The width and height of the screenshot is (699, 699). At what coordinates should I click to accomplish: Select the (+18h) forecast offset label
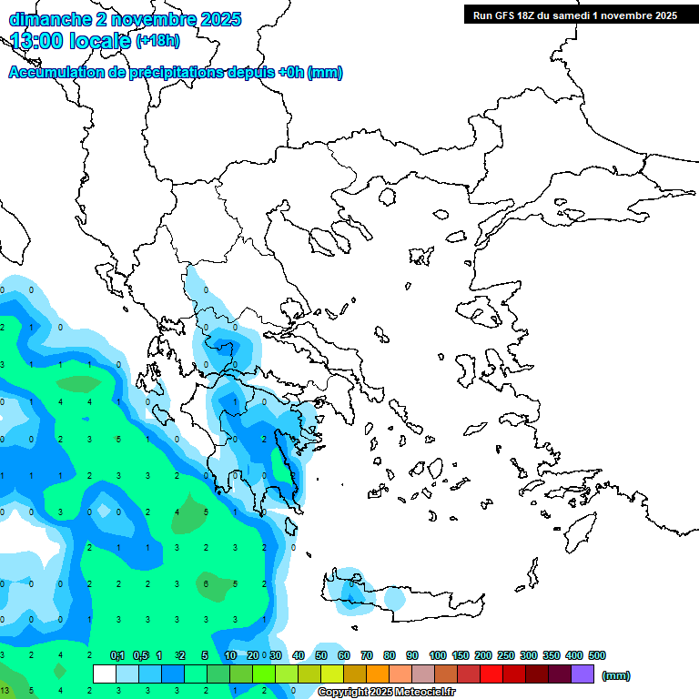point(157,41)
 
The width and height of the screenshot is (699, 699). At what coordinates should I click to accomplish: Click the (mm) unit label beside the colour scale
point(616,675)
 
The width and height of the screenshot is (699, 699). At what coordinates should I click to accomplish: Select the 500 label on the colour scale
point(597,655)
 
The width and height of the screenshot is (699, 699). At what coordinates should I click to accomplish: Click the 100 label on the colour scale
point(438,655)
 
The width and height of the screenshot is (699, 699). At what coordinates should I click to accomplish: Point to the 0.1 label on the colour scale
point(117,655)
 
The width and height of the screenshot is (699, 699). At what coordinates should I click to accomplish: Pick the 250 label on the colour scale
point(506,655)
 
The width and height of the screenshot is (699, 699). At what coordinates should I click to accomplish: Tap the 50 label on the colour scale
point(321,655)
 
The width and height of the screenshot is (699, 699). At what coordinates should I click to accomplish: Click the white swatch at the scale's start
point(105,674)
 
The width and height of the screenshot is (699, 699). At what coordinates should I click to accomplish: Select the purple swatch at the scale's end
point(582,674)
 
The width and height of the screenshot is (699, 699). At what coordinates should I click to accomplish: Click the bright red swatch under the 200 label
point(491,674)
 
